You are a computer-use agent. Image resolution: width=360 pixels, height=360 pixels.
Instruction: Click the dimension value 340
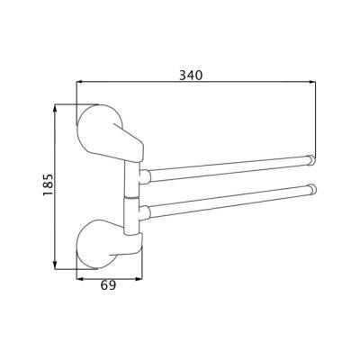(191, 75)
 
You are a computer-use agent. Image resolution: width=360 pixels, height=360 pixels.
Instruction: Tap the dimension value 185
(48, 184)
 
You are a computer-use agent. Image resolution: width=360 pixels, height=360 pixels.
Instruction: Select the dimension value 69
(108, 285)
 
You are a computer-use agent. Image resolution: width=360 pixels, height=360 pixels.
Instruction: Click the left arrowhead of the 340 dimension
(79, 81)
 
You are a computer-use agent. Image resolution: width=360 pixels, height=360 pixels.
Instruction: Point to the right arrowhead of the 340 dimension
(312, 81)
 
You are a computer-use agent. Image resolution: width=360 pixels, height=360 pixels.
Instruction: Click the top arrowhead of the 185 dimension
(55, 107)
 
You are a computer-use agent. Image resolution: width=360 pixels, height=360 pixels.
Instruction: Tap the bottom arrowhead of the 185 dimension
(55, 265)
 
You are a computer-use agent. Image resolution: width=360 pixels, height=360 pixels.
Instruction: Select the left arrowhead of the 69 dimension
(80, 279)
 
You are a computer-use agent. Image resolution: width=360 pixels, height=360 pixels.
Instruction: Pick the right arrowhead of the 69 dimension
(139, 279)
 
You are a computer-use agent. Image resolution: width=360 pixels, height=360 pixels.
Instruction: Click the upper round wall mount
(99, 126)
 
